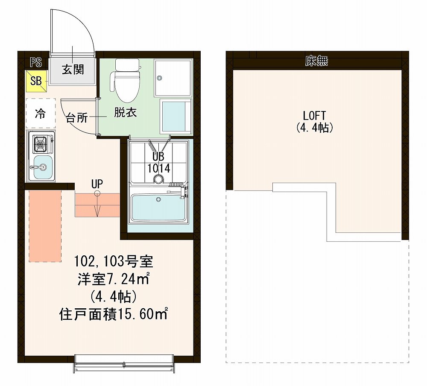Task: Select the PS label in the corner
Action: click(x=36, y=62)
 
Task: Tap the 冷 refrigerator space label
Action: click(x=40, y=114)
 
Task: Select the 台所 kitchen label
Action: click(x=77, y=118)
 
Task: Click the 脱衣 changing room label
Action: click(x=125, y=113)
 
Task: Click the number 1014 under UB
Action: click(x=159, y=168)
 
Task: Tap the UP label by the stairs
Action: click(x=97, y=184)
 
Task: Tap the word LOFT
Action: click(x=314, y=115)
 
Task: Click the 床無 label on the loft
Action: click(x=316, y=61)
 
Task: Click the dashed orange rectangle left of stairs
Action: click(x=45, y=226)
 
